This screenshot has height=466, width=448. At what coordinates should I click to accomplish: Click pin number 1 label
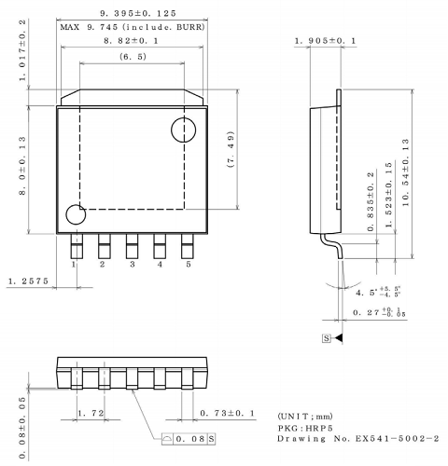tap(73, 265)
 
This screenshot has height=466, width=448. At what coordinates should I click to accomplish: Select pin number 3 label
tap(132, 265)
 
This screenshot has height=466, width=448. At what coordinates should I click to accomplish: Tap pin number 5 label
tap(188, 265)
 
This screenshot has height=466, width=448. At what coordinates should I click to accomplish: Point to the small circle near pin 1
tap(74, 216)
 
